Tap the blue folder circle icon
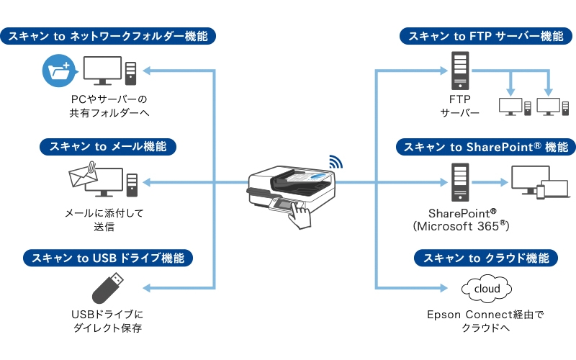click(57, 71)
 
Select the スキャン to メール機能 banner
click(108, 147)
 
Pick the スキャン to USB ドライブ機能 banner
click(108, 257)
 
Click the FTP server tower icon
click(459, 69)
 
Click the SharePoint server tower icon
click(459, 181)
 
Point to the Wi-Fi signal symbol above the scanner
click(336, 161)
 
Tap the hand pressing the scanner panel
click(296, 215)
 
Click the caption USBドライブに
click(108, 315)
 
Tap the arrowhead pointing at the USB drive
click(146, 288)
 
